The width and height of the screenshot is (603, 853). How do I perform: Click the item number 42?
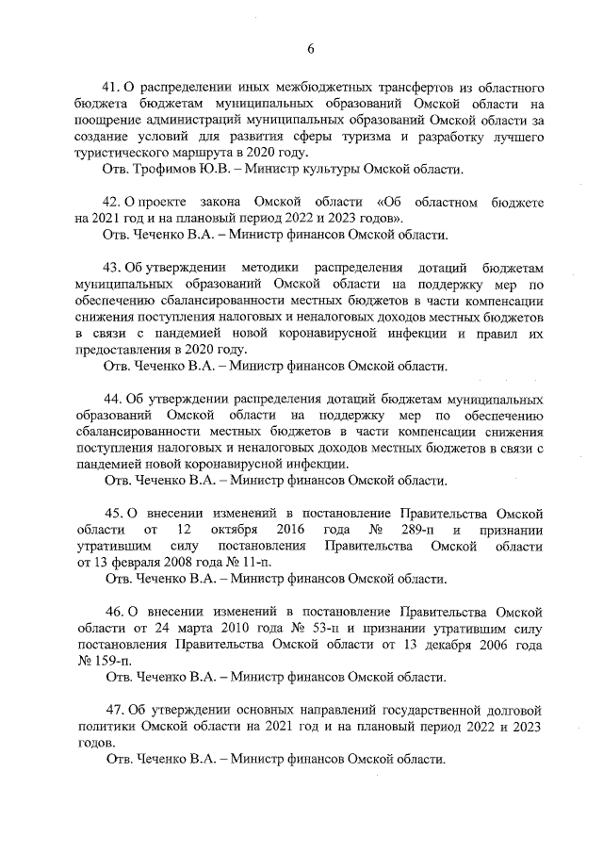click(x=113, y=203)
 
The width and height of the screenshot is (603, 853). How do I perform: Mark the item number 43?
click(x=113, y=268)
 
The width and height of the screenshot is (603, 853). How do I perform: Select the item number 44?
click(x=113, y=399)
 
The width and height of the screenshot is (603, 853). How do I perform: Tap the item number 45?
click(x=113, y=513)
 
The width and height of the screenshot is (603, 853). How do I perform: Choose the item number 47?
click(x=113, y=709)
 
